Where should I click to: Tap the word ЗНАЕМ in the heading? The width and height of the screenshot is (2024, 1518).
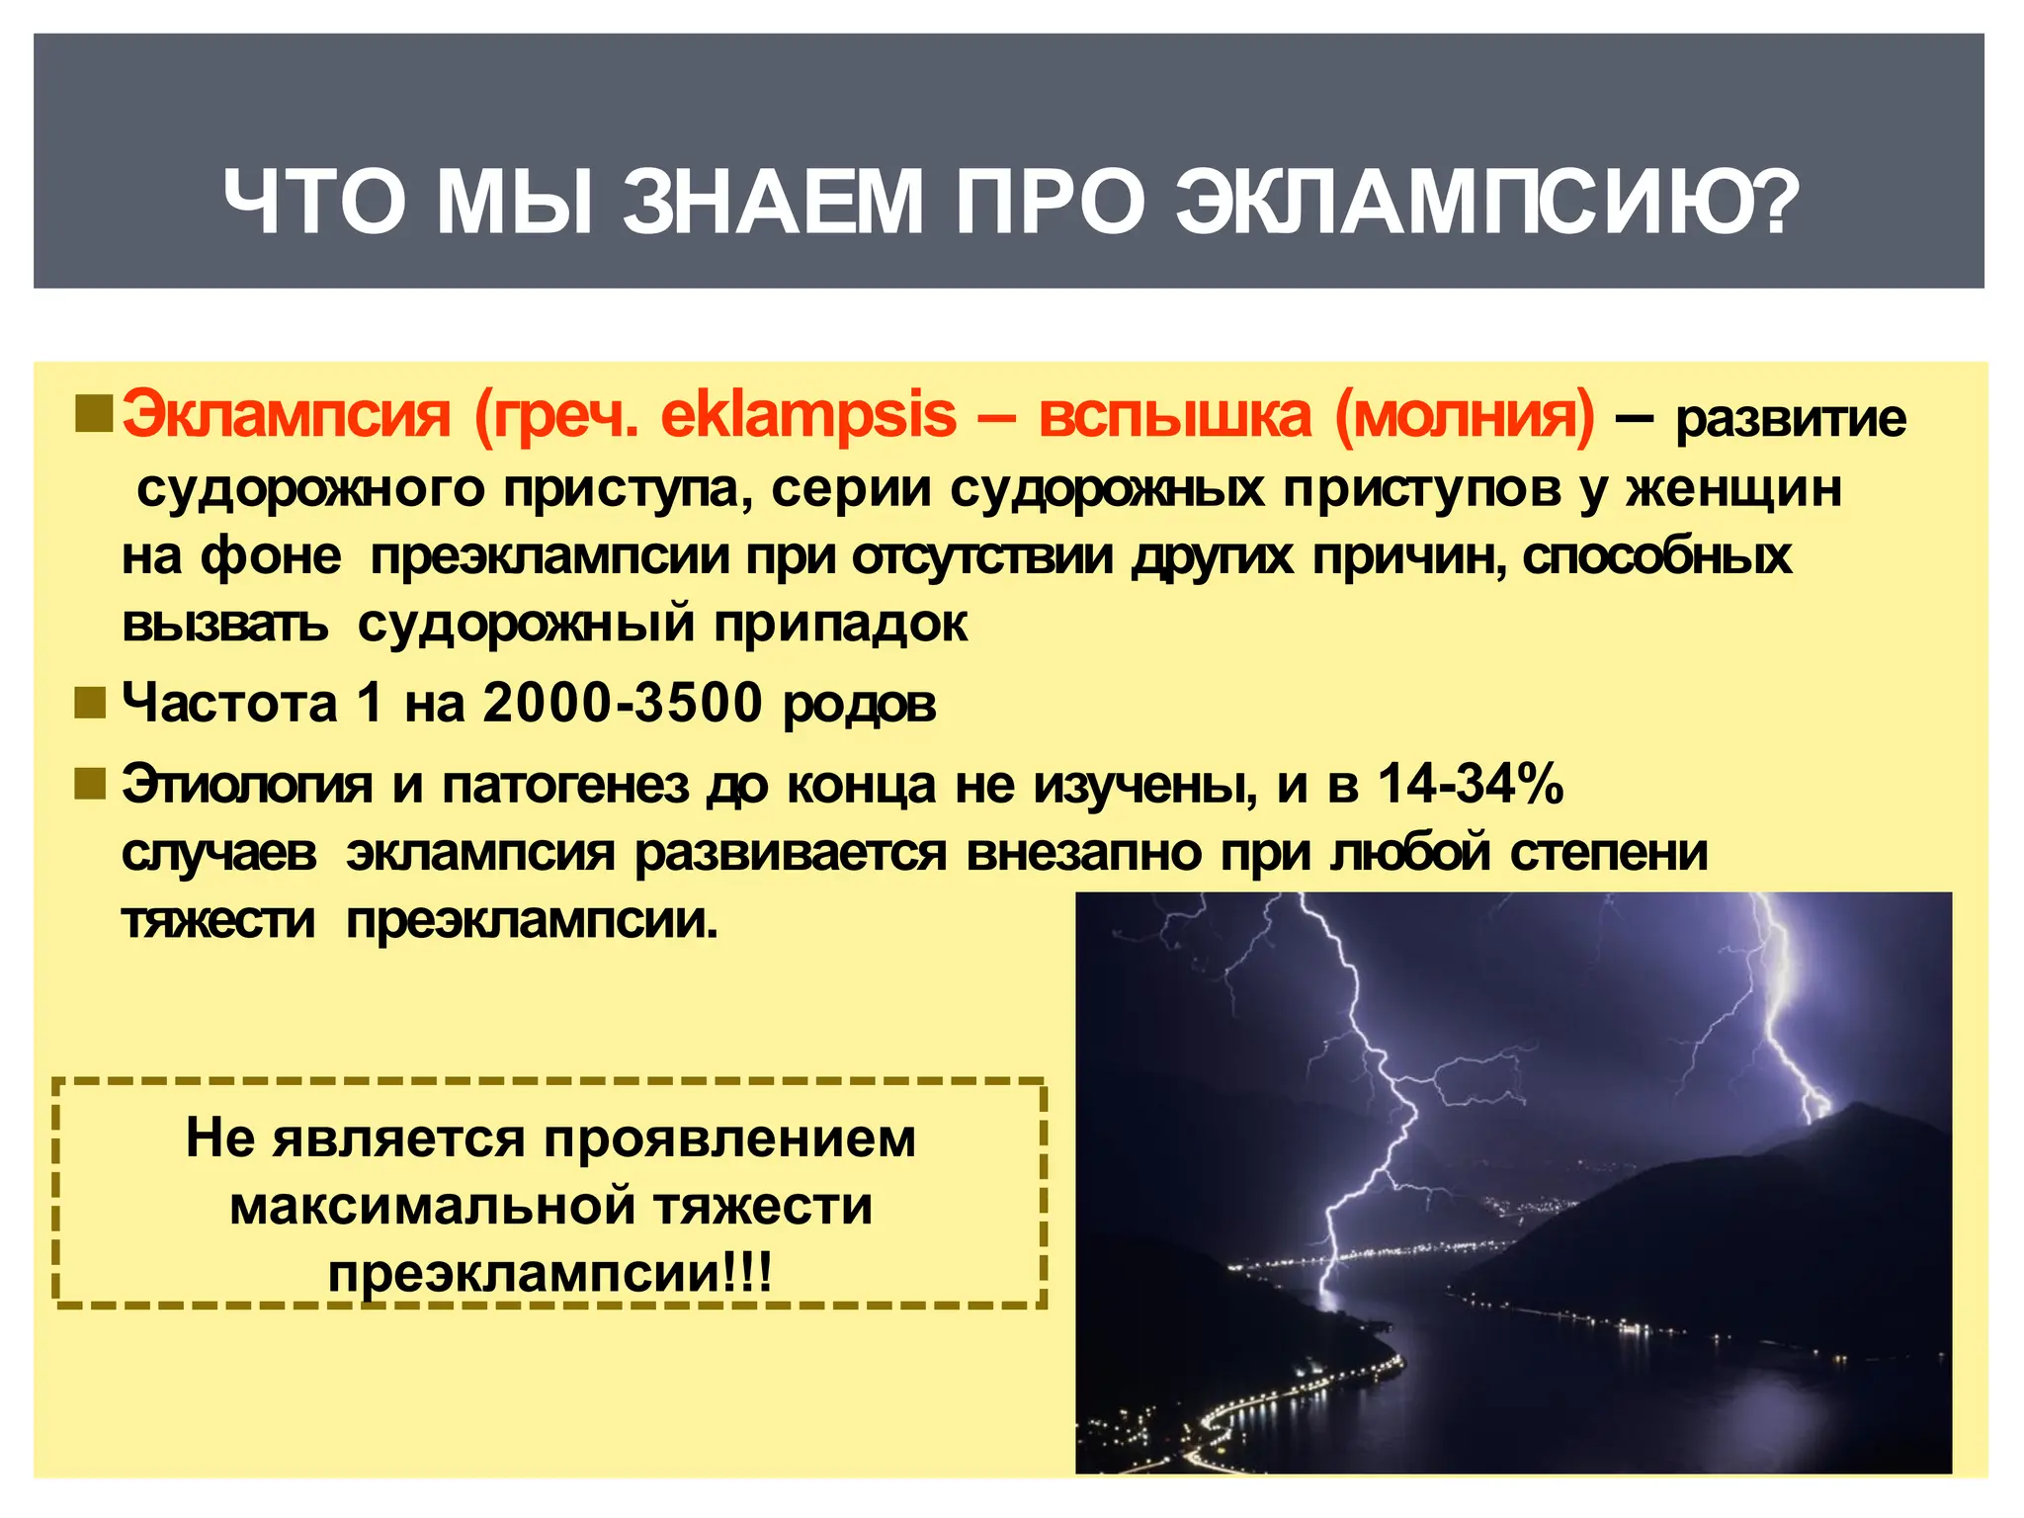(772, 203)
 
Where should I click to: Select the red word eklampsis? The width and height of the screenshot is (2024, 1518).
(808, 415)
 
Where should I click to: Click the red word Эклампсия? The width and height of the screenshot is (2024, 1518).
(287, 415)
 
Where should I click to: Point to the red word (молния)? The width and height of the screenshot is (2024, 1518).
(1465, 415)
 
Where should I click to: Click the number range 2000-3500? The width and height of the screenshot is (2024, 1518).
(623, 704)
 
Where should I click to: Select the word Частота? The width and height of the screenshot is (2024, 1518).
(229, 704)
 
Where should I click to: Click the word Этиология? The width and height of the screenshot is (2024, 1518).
(247, 786)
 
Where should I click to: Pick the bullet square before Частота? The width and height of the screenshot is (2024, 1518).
(90, 704)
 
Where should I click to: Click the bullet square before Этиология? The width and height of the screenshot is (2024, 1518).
(90, 785)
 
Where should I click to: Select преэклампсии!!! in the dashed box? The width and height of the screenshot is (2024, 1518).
(549, 1274)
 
